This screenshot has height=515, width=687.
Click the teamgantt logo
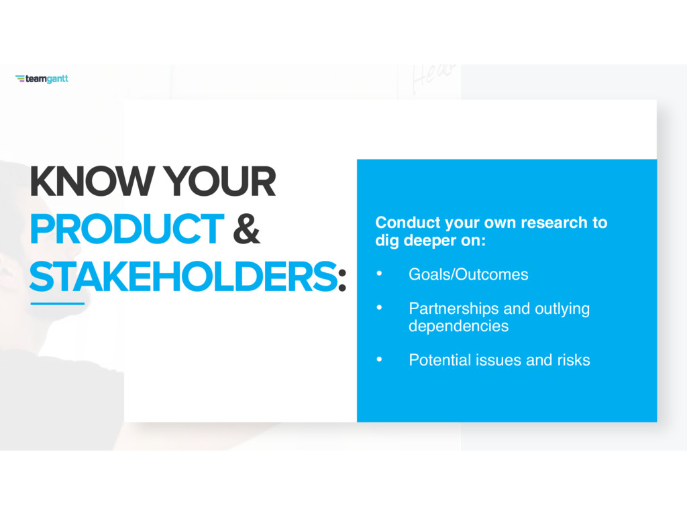coord(42,79)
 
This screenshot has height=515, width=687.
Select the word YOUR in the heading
coord(220,181)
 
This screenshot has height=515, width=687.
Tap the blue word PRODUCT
coord(127,229)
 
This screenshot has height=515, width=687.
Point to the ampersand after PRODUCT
coord(246,229)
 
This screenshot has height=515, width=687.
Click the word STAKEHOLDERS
coord(184,276)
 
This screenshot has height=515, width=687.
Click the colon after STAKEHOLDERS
coord(343,280)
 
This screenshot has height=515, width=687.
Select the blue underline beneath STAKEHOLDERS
coord(58,303)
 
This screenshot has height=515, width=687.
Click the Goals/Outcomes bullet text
coord(468,274)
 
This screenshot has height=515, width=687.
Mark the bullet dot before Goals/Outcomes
coord(380,274)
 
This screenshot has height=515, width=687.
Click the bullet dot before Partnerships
coord(380,308)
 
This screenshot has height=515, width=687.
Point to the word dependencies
coord(459,327)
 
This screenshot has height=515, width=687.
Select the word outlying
coord(562,309)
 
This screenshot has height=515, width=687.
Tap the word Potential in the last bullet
coord(440,360)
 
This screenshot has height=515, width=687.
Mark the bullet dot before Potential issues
coord(380,359)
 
